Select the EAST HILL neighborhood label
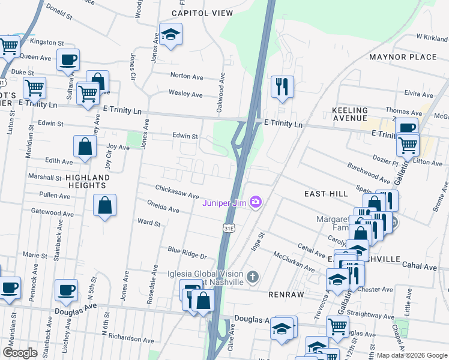(x=325, y=194)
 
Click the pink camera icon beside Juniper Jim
(x=256, y=202)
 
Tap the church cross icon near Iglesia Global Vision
(x=253, y=277)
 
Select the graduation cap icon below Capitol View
(x=170, y=34)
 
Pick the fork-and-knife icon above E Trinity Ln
(x=281, y=86)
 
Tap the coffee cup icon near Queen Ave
(x=68, y=59)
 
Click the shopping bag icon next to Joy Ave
(x=85, y=146)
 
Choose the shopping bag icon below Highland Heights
(x=105, y=206)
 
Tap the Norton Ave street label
(x=187, y=76)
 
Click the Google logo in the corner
(x=20, y=353)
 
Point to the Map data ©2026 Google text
(x=411, y=355)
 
